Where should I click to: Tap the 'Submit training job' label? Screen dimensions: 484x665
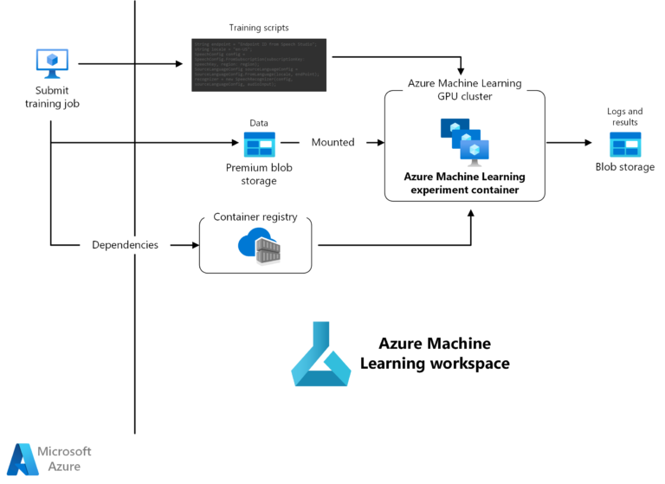[x=52, y=97]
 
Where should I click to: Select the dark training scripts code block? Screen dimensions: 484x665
[x=258, y=63]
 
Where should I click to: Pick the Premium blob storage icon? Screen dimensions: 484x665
[x=259, y=144]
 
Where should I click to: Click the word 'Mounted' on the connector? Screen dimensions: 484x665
[x=332, y=142]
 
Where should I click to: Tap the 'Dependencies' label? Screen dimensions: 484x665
[x=126, y=245]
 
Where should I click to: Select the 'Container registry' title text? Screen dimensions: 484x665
[x=255, y=216]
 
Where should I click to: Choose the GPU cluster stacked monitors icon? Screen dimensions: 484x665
[x=464, y=140]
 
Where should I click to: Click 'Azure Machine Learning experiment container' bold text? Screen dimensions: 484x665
[x=464, y=184]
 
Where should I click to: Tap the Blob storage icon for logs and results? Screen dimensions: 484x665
[x=624, y=144]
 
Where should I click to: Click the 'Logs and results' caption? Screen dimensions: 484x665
[x=624, y=117]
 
